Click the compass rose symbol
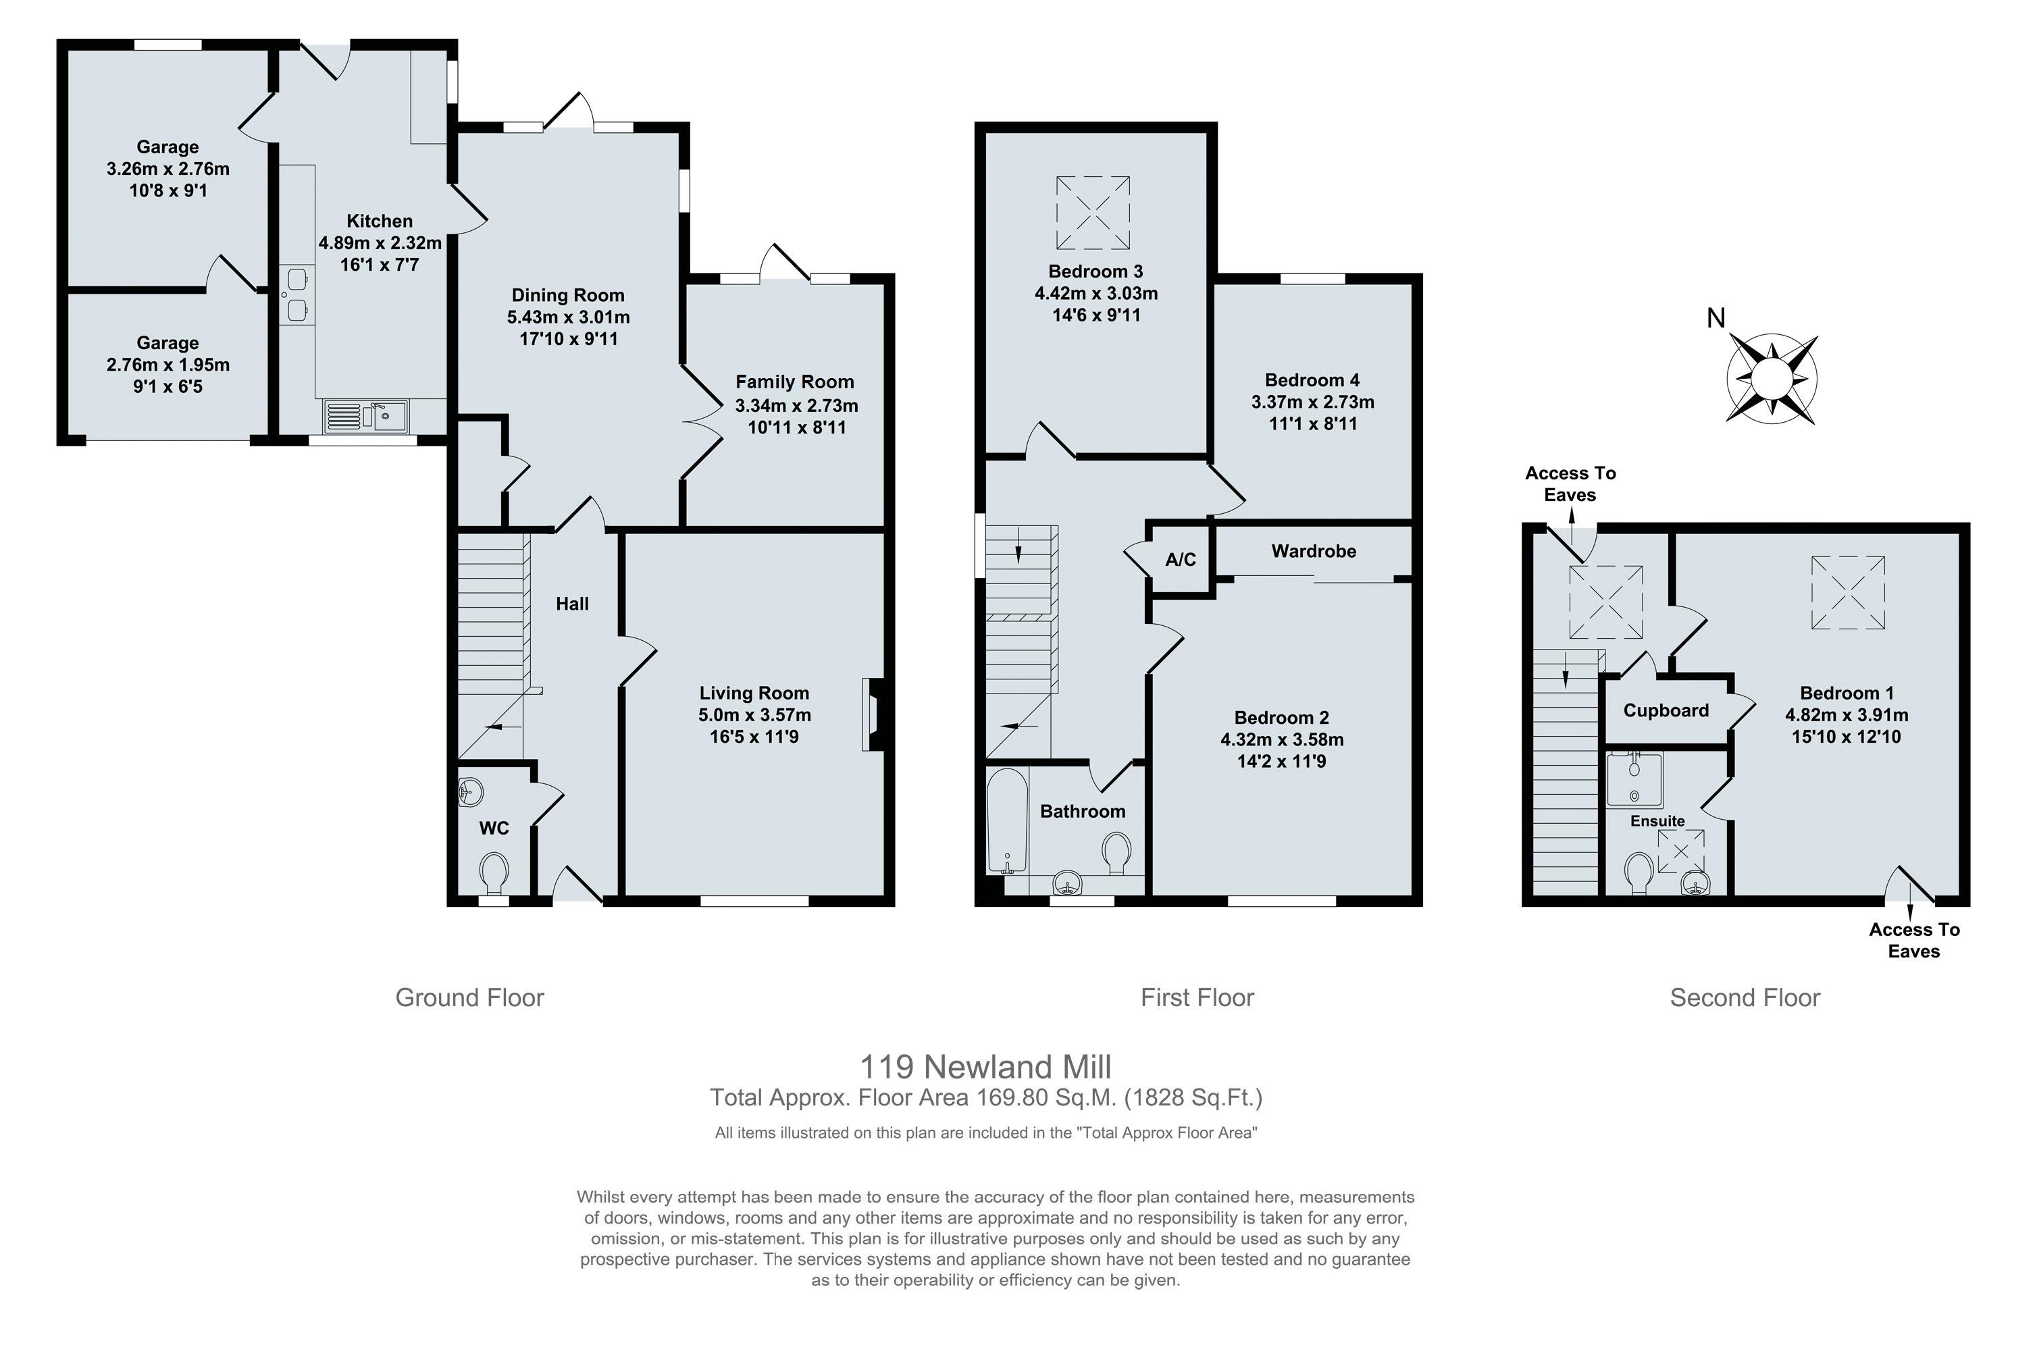1772,379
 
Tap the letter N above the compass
1715,319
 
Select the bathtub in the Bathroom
1007,820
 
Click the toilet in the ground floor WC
494,872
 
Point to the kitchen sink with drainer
365,417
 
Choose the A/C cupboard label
1180,559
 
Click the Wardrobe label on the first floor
1313,550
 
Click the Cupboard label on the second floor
1666,711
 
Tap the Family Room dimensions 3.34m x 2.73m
796,405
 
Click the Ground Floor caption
470,998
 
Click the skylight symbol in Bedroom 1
1848,592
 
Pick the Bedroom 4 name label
1312,380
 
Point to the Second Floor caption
1745,998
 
